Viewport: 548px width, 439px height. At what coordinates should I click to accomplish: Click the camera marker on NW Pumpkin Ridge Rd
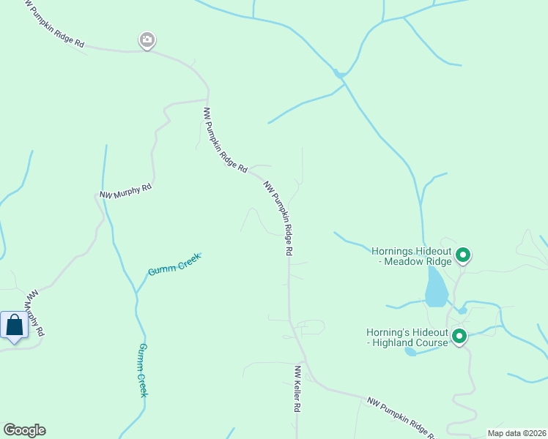[147, 40]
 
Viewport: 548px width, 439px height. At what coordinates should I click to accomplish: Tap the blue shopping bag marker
[14, 326]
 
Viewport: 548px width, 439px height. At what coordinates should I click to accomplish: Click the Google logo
[24, 430]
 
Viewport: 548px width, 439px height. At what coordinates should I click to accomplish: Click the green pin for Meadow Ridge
[462, 255]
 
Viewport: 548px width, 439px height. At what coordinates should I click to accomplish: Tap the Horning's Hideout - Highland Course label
[407, 337]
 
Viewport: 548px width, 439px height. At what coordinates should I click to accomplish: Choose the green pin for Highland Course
[459, 337]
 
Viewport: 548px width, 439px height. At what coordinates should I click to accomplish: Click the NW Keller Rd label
[299, 389]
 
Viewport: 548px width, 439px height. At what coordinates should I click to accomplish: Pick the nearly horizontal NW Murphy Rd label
[125, 191]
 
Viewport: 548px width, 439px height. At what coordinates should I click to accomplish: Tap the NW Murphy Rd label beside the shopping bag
[34, 313]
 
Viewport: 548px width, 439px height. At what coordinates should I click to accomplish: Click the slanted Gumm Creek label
[174, 264]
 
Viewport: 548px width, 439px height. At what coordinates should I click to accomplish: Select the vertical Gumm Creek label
[144, 370]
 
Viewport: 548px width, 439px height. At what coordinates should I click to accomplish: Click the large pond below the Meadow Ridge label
[435, 288]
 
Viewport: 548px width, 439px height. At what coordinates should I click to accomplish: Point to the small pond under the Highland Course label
[410, 352]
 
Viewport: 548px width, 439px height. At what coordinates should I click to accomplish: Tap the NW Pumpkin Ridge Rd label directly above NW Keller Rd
[279, 218]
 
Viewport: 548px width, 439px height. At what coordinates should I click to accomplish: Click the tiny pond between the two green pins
[462, 310]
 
